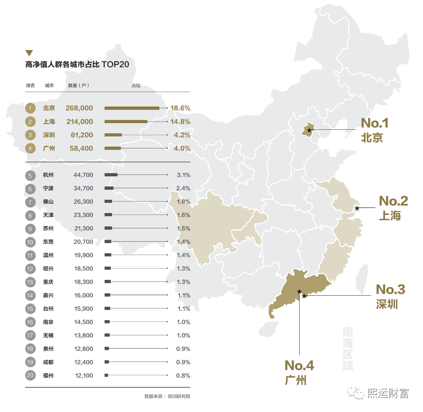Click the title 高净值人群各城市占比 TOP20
point(77,64)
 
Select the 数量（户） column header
point(78,85)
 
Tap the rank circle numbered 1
point(30,108)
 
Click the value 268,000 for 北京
point(80,108)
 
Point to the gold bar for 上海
point(126,122)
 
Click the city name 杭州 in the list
point(48,175)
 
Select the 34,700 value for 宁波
point(83,188)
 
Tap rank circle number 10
point(30,242)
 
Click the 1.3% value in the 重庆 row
point(183,282)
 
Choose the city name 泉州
point(48,349)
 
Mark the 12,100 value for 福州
point(84,376)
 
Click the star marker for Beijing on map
point(309,130)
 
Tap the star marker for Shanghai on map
point(357,208)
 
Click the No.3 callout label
point(390,290)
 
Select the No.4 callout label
point(299,366)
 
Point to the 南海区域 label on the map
point(347,349)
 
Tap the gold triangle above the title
point(29,53)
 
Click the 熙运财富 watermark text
point(388,393)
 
